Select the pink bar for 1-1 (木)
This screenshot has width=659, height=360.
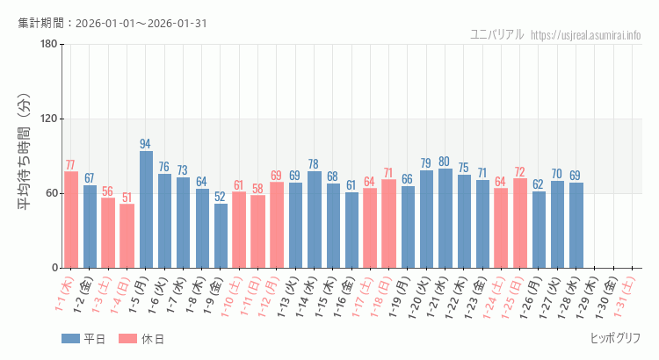click(71, 220)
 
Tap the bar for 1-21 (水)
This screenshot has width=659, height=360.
click(445, 218)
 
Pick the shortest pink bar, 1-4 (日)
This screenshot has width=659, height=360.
click(127, 235)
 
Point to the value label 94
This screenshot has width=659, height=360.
click(146, 144)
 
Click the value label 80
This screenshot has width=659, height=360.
click(445, 162)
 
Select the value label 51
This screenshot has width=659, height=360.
click(127, 198)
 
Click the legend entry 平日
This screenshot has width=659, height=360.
click(83, 339)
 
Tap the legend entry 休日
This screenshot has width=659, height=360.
click(141, 339)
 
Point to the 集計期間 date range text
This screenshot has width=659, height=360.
click(112, 23)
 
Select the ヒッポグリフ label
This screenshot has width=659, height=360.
click(615, 338)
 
